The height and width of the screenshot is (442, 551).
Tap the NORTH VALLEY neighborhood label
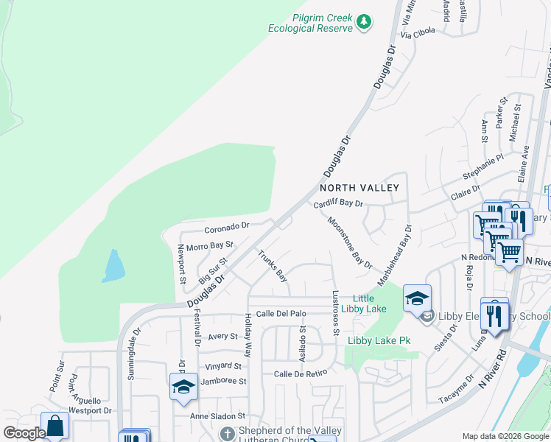[x=359, y=188]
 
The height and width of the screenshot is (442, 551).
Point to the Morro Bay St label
[x=209, y=245]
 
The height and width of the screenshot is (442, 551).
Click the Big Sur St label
[x=213, y=270]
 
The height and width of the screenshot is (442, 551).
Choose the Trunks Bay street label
[x=272, y=266]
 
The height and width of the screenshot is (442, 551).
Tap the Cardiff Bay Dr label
[x=338, y=203]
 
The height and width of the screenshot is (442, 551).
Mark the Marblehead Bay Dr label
[x=394, y=256]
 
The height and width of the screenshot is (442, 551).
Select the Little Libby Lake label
[x=368, y=303]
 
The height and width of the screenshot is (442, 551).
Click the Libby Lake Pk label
[x=378, y=340]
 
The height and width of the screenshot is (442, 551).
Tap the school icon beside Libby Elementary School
[x=417, y=298]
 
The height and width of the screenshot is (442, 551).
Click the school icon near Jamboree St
[x=183, y=386]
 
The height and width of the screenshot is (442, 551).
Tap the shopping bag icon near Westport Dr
[x=55, y=426]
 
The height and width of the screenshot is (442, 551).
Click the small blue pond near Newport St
[x=113, y=266]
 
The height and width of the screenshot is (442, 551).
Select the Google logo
[x=24, y=433]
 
